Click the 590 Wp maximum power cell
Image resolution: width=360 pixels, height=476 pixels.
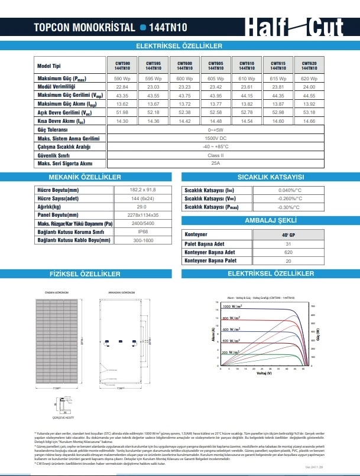coord(122,79)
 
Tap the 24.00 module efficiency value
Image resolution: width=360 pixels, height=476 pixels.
coord(309,87)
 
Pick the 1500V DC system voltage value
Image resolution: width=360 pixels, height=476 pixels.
coord(215,138)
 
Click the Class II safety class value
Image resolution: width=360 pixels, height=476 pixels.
coord(215,154)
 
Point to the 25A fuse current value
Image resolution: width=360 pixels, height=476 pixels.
coord(215,162)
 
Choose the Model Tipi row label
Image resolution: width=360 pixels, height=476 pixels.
coord(49,66)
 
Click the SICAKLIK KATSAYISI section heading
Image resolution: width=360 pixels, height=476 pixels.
coord(270,177)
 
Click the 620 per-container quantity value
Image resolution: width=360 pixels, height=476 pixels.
coord(288,252)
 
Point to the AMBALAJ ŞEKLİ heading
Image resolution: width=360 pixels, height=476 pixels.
coord(270,220)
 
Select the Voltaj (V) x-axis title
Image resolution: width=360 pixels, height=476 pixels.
coord(263,374)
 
